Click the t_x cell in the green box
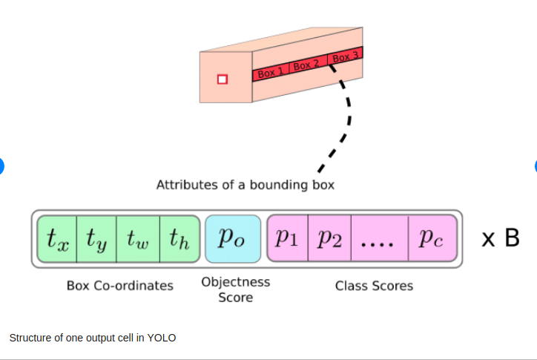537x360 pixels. pyautogui.click(x=57, y=239)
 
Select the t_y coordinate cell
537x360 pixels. pyautogui.click(x=97, y=239)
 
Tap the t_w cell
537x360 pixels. pyautogui.click(x=138, y=239)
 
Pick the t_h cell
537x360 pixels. pyautogui.click(x=179, y=239)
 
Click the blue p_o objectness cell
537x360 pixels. pyautogui.click(x=233, y=239)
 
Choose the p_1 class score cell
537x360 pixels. pyautogui.click(x=288, y=239)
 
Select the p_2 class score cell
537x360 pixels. pyautogui.click(x=329, y=239)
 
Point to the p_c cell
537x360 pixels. pyautogui.click(x=432, y=239)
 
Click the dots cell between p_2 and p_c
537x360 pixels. pyautogui.click(x=379, y=239)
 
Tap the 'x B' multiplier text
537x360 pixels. pyautogui.click(x=500, y=239)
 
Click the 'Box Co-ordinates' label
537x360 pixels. pyautogui.click(x=119, y=286)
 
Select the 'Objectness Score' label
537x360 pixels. pyautogui.click(x=235, y=289)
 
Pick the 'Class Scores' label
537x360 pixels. pyautogui.click(x=374, y=286)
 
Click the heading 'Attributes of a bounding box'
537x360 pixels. pyautogui.click(x=245, y=185)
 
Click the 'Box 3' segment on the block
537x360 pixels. pyautogui.click(x=346, y=56)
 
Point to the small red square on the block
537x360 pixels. pyautogui.click(x=221, y=79)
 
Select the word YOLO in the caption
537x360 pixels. pyautogui.click(x=161, y=338)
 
